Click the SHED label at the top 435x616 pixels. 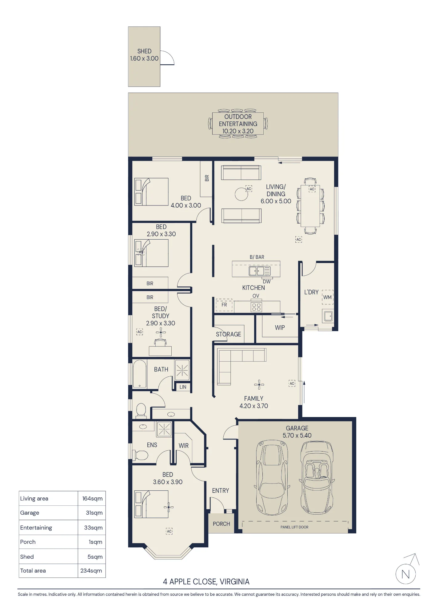(x=144, y=51)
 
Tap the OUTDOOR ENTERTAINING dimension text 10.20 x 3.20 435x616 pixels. (x=238, y=131)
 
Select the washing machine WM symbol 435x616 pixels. (x=328, y=297)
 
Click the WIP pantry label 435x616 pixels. (x=280, y=328)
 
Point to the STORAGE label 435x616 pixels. (x=229, y=334)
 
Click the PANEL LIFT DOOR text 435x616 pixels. (x=294, y=527)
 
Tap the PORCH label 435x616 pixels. (x=221, y=524)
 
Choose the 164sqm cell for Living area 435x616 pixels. (x=92, y=499)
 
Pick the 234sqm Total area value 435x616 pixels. (x=91, y=571)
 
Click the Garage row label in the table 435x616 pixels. (x=30, y=513)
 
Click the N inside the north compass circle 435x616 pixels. (x=405, y=574)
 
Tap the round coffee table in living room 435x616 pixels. (x=241, y=194)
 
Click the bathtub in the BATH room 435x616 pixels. (x=140, y=374)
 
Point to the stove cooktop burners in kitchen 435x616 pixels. (x=256, y=307)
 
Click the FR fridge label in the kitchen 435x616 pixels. (x=224, y=305)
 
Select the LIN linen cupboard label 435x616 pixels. (x=183, y=387)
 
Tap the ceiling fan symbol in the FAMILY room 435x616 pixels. (x=259, y=385)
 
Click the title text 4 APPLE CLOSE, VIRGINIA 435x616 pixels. (x=206, y=582)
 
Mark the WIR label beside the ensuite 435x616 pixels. (x=184, y=446)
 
